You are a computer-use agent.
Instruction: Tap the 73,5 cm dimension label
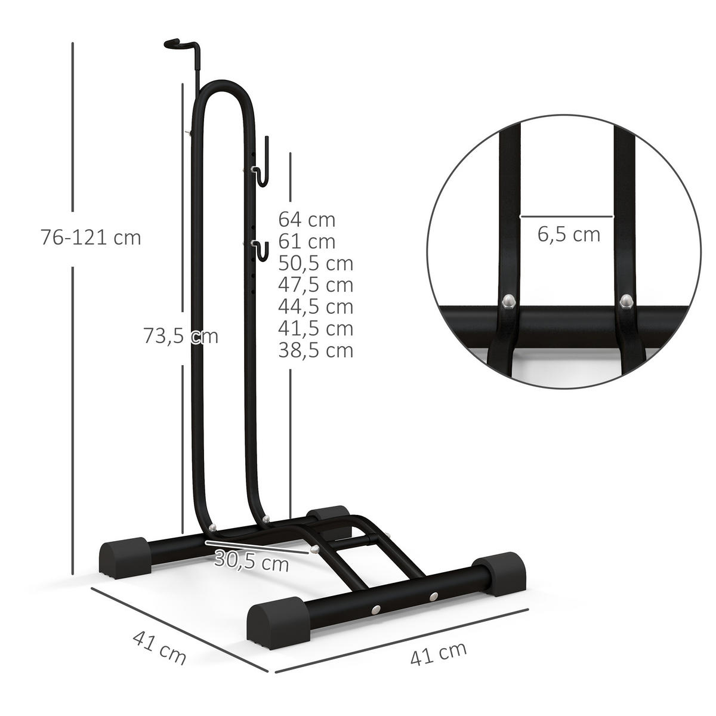point(180,336)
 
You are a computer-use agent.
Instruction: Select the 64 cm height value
point(307,220)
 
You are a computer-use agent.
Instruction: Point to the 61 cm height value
point(307,242)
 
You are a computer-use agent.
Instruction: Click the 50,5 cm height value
point(316,263)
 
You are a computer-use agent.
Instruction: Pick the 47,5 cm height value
point(316,285)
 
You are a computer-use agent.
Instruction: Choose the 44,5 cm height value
point(316,306)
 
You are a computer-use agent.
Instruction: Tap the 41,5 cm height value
point(316,328)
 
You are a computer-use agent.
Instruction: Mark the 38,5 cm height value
point(316,350)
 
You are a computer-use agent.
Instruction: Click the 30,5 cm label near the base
point(251,561)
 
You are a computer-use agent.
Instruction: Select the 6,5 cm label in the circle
point(569,234)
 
